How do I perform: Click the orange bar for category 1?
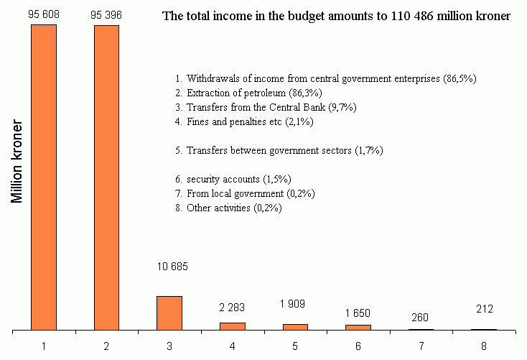pos(44,177)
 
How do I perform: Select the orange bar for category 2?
pos(106,177)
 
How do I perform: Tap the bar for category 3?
pos(169,313)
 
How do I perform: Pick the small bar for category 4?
pos(232,326)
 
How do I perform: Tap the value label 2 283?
pos(233,308)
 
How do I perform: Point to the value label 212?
pos(483,310)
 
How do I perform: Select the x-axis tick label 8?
pos(483,346)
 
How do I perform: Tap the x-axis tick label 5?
pos(294,346)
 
